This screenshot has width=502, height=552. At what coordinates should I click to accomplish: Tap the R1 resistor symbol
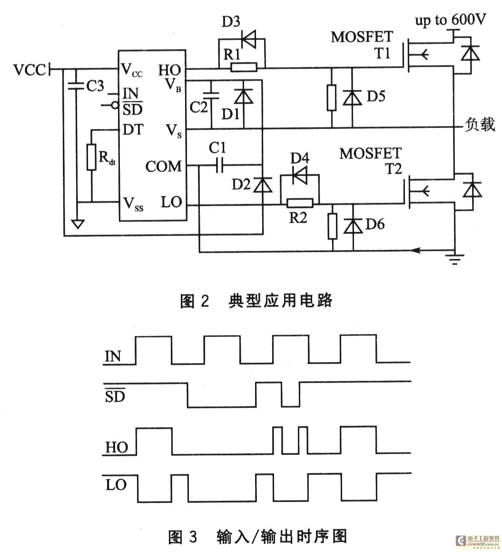click(x=244, y=68)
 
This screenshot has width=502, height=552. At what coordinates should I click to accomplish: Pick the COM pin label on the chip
click(x=163, y=167)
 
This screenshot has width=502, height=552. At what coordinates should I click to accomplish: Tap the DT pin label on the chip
click(x=133, y=129)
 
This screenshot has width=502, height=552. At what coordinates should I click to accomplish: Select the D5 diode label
click(x=376, y=97)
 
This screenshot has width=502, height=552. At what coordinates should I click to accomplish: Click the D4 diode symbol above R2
click(x=299, y=176)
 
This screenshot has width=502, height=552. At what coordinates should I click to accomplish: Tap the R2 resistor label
click(x=299, y=219)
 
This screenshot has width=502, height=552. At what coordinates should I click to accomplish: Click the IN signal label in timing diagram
click(x=112, y=356)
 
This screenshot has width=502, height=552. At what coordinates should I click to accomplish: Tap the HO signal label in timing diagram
click(x=115, y=447)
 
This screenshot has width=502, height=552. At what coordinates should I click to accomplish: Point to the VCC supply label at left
click(x=30, y=70)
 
